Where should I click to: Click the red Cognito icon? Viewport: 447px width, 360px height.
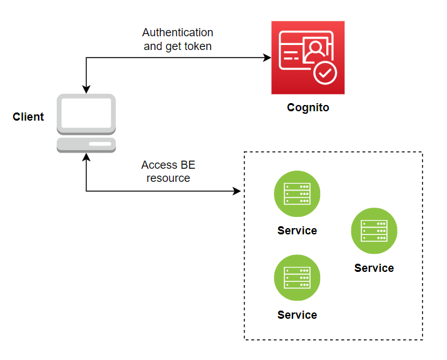pos(308,57)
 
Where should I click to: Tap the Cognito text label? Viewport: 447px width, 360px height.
pos(308,107)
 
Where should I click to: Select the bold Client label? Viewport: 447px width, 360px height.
pos(28,116)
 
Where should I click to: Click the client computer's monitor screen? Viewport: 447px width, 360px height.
pos(86,112)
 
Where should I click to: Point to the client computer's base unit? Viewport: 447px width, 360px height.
pos(86,145)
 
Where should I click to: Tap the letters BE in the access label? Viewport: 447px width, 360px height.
pos(188,165)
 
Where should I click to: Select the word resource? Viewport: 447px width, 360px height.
pos(168,178)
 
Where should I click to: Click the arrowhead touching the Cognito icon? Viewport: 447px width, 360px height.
pos(267,58)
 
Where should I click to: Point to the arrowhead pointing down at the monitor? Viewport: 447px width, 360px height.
pos(86,89)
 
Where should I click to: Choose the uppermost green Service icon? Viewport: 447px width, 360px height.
pos(297,194)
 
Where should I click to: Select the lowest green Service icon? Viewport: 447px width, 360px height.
pos(297,278)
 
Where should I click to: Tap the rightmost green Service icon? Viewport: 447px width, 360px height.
pos(374,231)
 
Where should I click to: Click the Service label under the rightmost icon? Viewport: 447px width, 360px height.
pos(374,268)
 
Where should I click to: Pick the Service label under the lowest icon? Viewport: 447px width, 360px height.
pos(297,315)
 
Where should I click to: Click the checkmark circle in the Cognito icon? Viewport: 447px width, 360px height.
pos(325,73)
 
